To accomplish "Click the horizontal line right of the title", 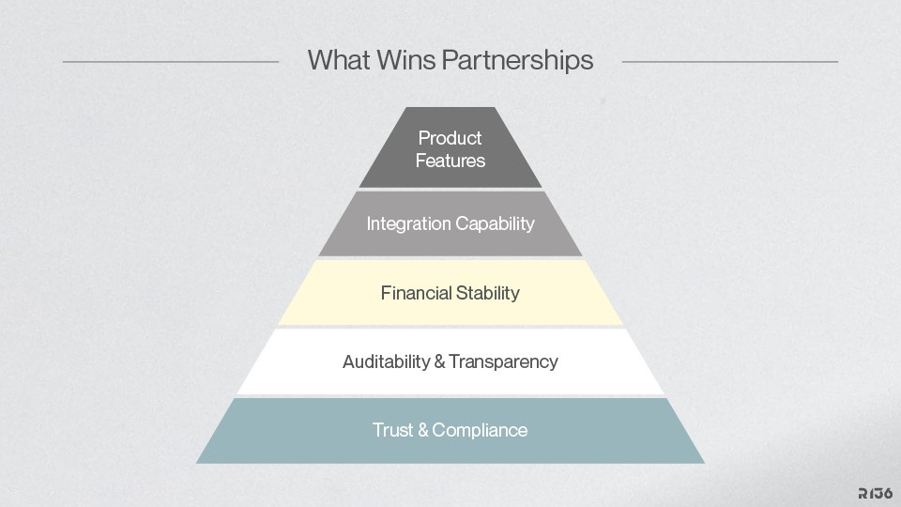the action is click(x=729, y=62).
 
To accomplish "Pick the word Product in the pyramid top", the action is click(x=450, y=138).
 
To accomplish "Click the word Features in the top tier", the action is click(x=450, y=161).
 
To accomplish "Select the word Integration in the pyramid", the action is click(x=409, y=223).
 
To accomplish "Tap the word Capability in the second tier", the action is click(x=495, y=223).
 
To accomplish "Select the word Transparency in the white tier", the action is click(x=503, y=361).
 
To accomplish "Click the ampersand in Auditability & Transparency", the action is click(x=439, y=361).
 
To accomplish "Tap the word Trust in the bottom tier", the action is click(x=393, y=430).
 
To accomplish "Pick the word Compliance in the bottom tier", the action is click(x=481, y=430).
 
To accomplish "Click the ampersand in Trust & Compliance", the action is click(x=423, y=430).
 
